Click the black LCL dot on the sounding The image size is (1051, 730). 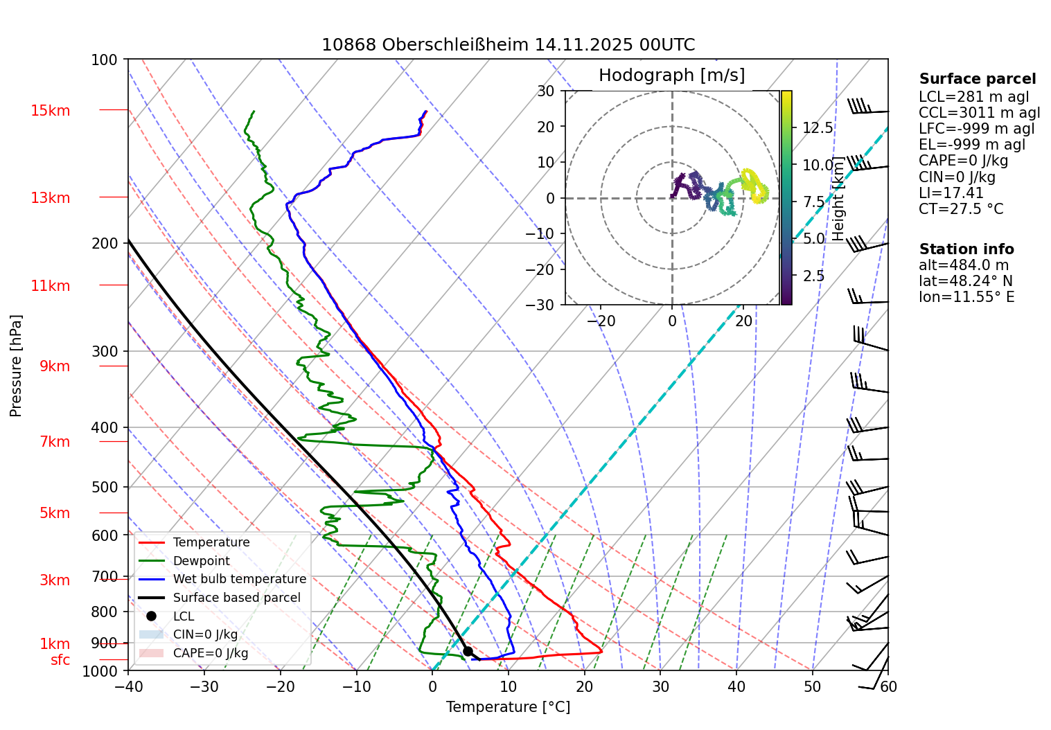pos(468,651)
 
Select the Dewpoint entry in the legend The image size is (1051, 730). pos(201,561)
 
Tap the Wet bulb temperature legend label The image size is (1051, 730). pos(239,579)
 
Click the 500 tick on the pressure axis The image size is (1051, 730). pos(105,487)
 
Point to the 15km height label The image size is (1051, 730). pos(50,111)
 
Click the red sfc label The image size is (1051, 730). pos(60,660)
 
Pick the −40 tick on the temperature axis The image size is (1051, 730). pos(128,686)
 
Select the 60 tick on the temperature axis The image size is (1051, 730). pos(888,686)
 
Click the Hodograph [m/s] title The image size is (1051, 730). pos(671,75)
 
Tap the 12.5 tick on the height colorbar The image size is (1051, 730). pos(818,128)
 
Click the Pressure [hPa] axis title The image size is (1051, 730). pos(16,366)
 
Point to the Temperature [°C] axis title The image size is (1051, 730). pos(508,707)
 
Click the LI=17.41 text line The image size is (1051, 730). pos(951,193)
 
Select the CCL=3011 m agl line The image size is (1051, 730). pos(979,113)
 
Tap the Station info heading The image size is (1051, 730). pos(966,249)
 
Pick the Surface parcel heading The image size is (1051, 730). pos(977,79)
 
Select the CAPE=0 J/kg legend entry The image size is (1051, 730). pos(210,653)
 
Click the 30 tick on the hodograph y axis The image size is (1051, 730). pos(546,91)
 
